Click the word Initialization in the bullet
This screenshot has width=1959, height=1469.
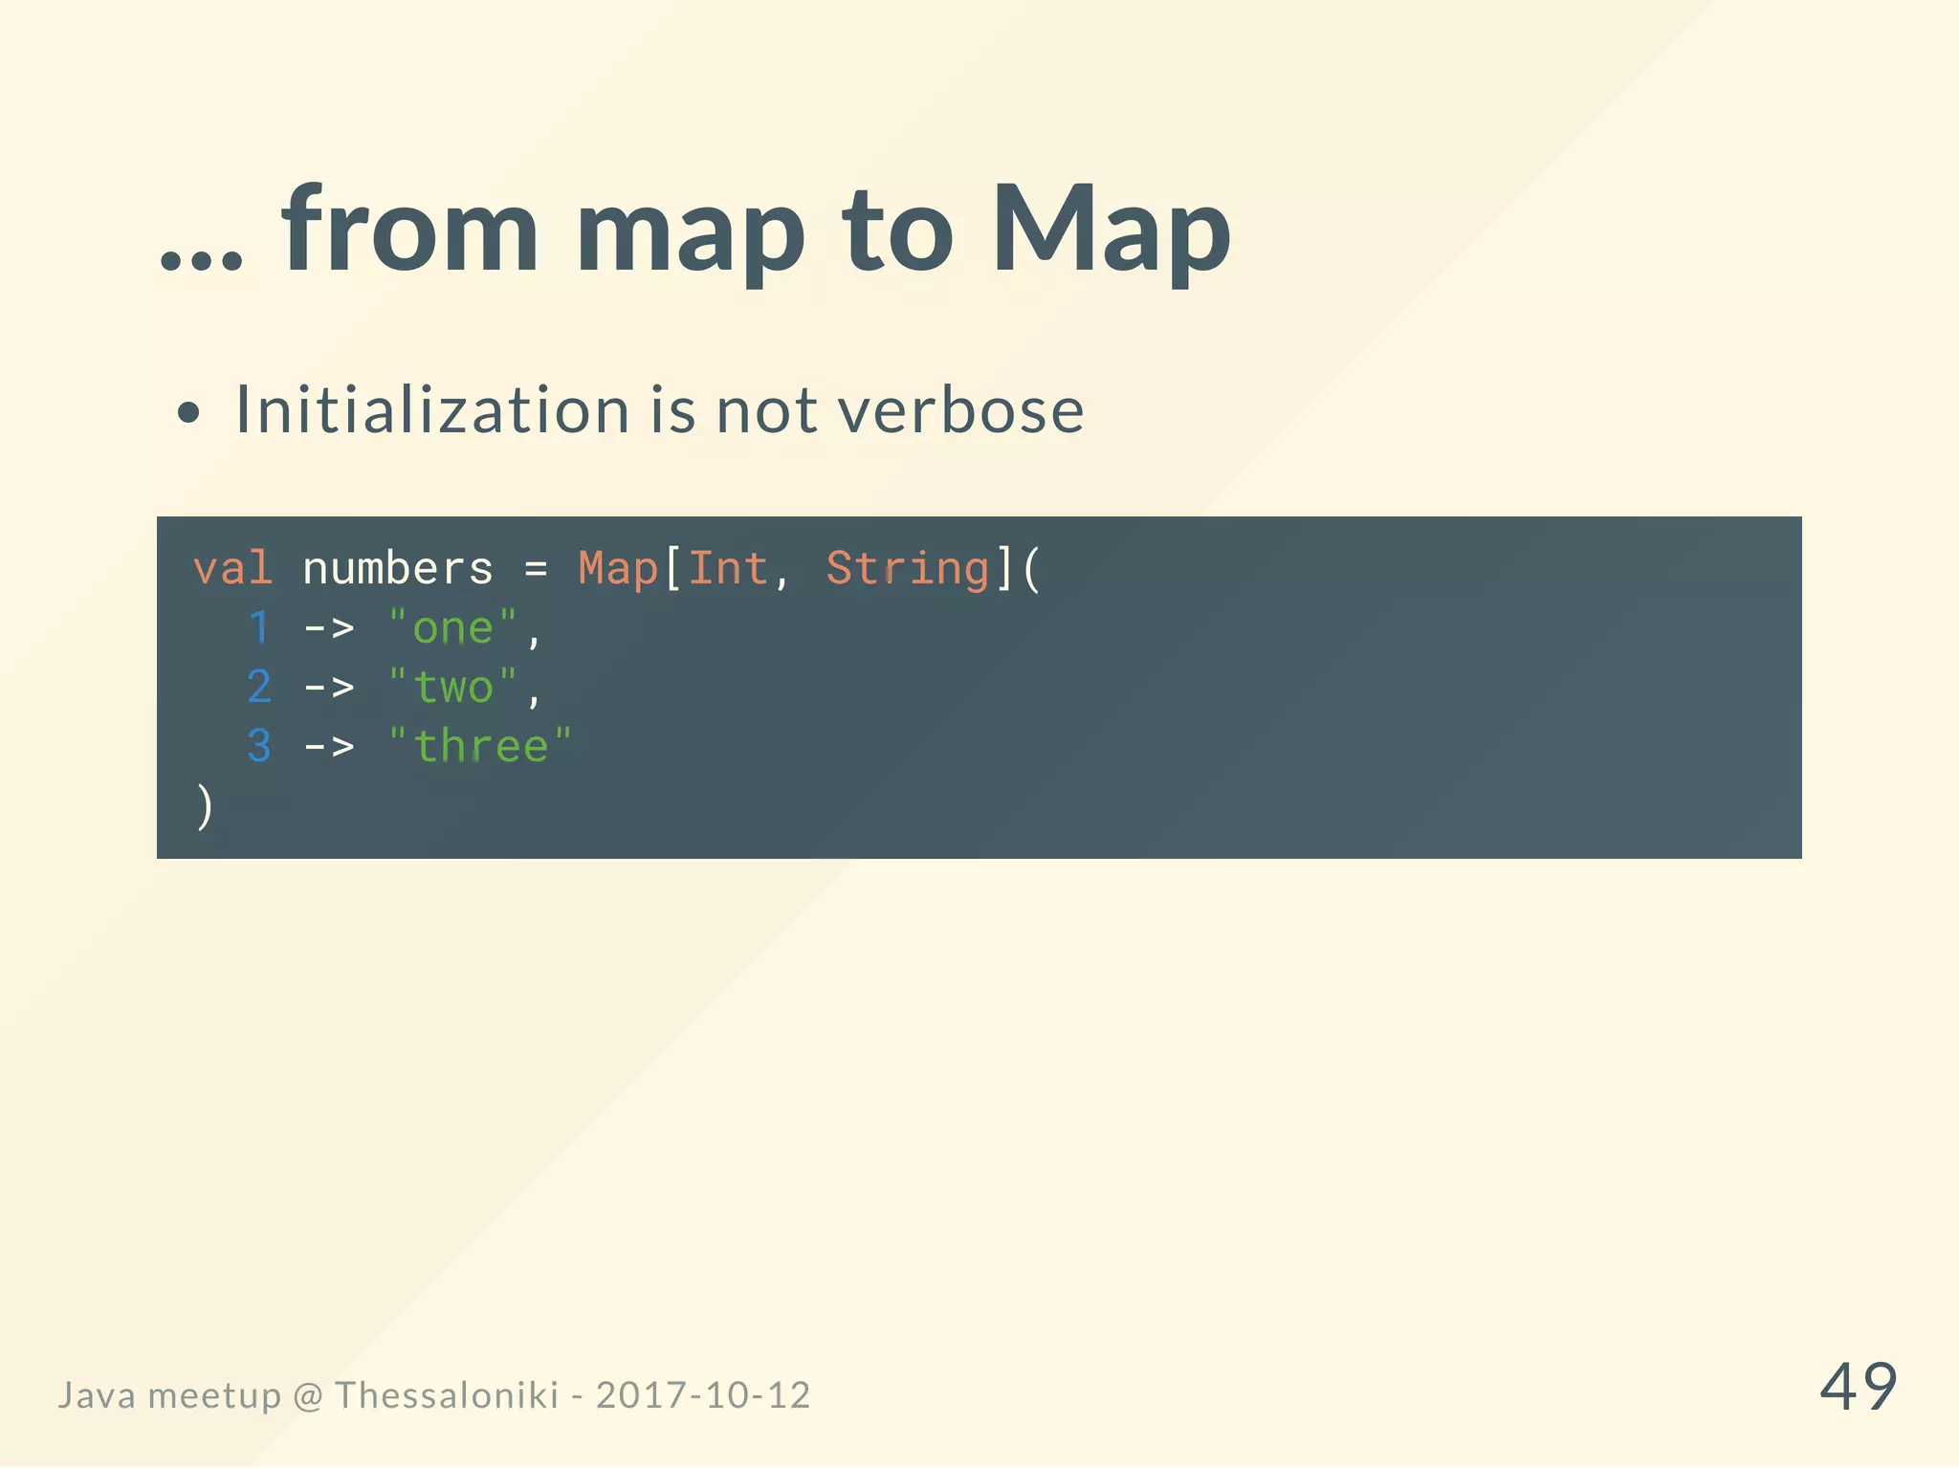pos(431,410)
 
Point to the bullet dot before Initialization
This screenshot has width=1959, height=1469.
pos(189,413)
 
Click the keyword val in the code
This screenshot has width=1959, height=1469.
pos(232,569)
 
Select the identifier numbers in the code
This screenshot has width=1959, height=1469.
pos(398,569)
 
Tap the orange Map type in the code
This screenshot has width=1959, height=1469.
pos(618,569)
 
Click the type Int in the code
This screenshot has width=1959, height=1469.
pos(728,569)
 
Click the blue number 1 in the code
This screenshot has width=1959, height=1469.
pos(259,628)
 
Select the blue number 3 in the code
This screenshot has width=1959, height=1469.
pos(259,746)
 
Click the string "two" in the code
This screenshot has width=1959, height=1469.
pos(453,687)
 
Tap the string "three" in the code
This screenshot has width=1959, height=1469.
pos(480,746)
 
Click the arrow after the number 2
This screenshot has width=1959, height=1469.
pos(329,688)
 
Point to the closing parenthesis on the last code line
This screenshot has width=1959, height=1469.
pos(204,806)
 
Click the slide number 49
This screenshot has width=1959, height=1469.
pos(1858,1387)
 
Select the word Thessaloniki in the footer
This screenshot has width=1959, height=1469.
pos(446,1395)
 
